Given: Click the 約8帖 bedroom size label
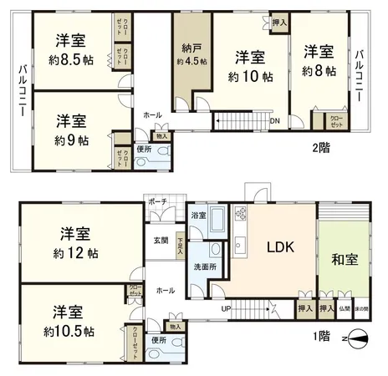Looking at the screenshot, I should click(319, 72).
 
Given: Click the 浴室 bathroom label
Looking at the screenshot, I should click(197, 216).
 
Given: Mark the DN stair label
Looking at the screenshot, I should click(275, 120).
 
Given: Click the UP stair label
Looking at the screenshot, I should click(226, 307).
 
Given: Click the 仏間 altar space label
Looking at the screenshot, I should click(345, 309).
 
